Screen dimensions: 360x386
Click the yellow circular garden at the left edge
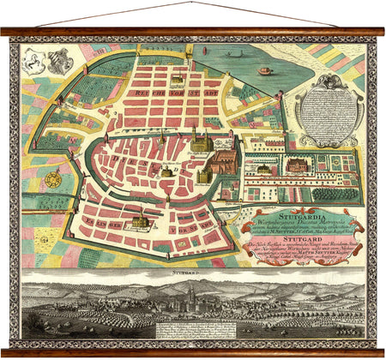coord(51,180)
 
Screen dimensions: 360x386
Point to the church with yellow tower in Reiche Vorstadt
coord(177,81)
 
